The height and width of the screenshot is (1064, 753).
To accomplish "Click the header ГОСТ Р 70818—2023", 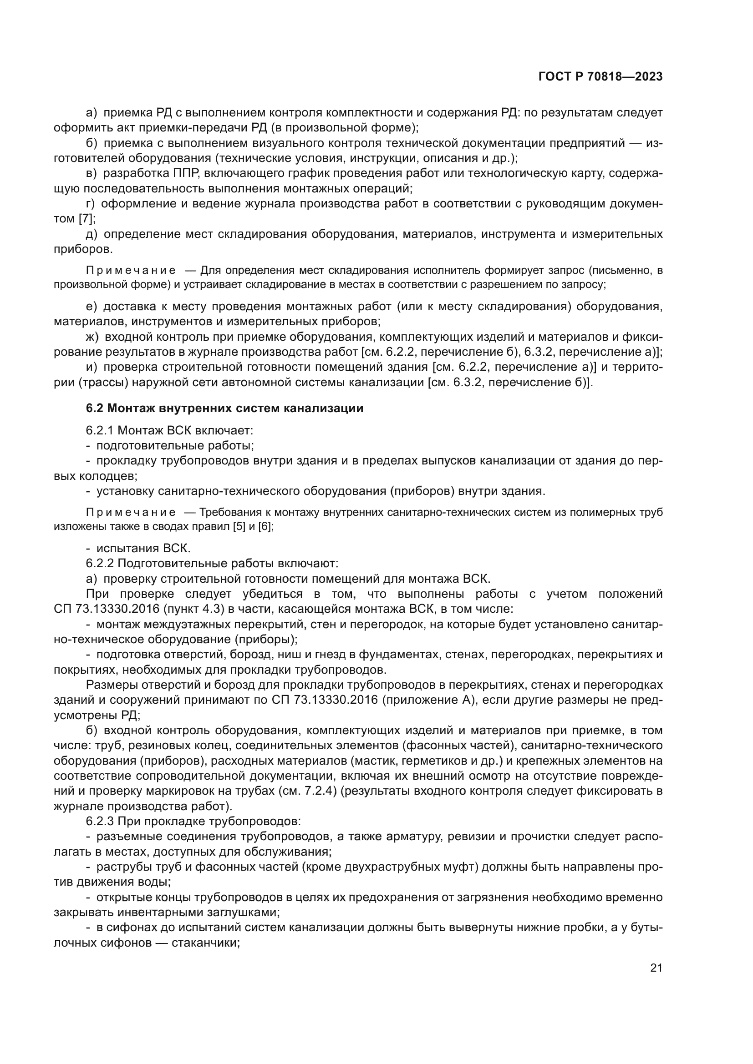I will pos(600,77).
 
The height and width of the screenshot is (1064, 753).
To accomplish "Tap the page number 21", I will pos(656,968).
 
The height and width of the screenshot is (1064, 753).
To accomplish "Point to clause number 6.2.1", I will pos(100,430).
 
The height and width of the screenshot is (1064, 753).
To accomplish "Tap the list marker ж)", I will pos(92,337).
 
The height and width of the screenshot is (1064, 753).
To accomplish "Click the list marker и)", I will pos(92,367).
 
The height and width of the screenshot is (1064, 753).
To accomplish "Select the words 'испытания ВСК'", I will pos(143,548).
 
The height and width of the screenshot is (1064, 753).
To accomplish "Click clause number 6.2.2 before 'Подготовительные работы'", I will pos(100,564).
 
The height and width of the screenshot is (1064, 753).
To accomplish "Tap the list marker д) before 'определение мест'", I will pos(92,234).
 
